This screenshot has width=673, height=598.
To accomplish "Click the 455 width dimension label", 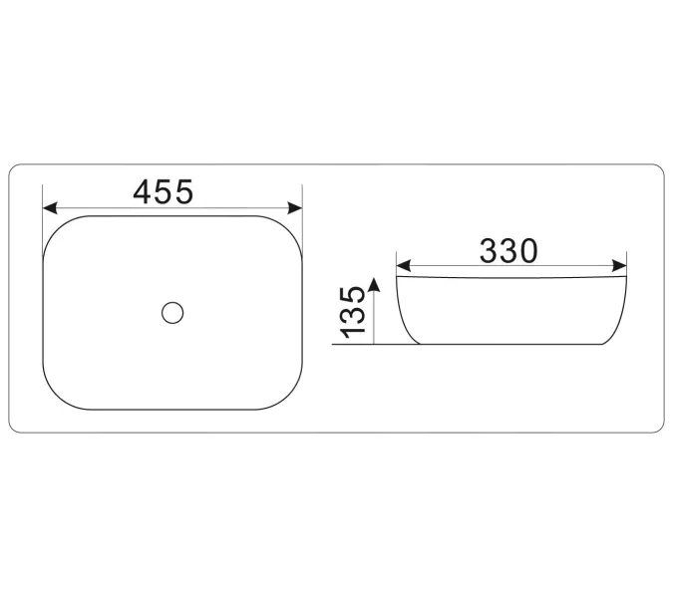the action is (x=164, y=191).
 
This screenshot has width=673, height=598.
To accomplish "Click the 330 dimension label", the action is (x=508, y=251).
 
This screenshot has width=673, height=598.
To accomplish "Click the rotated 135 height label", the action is (x=352, y=313).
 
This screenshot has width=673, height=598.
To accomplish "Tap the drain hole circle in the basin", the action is (x=172, y=313).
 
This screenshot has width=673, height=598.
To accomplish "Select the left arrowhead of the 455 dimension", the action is (x=50, y=208).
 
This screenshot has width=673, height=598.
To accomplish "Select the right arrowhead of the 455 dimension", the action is (x=295, y=208).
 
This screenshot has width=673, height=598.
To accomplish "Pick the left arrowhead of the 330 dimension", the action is (x=404, y=265).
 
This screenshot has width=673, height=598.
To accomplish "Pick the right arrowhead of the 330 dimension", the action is (x=619, y=265).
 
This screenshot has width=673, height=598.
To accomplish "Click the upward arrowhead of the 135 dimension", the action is (x=374, y=284).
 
